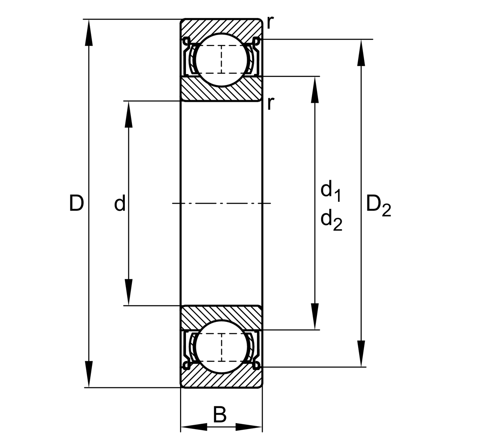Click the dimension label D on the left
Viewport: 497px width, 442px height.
[77, 203]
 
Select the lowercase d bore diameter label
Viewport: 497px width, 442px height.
[120, 203]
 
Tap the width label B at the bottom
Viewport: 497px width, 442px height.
[220, 415]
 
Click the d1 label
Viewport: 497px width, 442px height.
[331, 191]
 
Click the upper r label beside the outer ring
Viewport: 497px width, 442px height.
[270, 23]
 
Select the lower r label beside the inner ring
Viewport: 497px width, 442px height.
[270, 104]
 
